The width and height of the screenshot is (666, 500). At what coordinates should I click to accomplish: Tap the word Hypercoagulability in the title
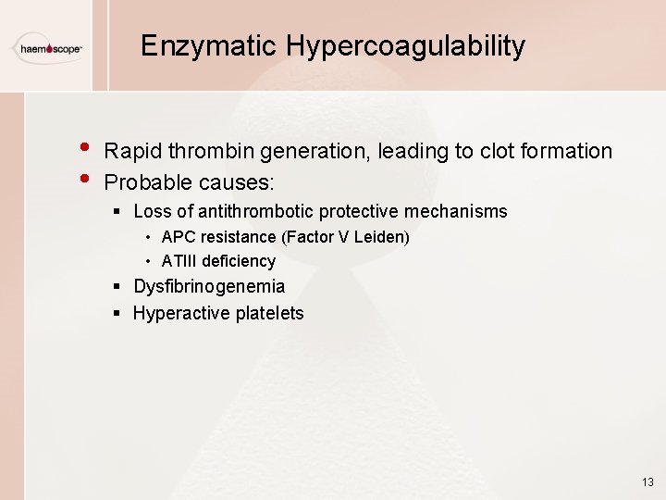pos(406,45)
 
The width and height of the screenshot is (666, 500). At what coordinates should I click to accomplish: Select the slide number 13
pos(647,482)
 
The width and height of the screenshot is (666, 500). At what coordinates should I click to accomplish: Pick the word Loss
pos(153,211)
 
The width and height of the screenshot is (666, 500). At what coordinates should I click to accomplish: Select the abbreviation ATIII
pos(179,261)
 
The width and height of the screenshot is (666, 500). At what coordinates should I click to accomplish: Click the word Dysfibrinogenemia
pos(209,287)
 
